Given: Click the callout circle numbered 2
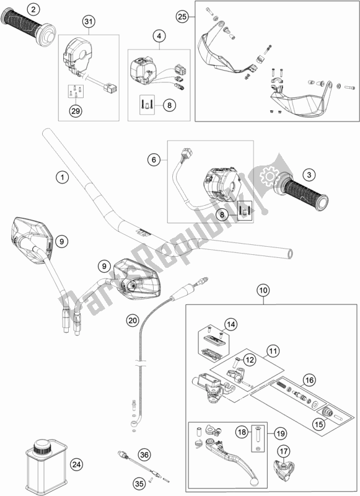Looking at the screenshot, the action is (x=33, y=9).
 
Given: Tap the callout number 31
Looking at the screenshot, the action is (x=89, y=22).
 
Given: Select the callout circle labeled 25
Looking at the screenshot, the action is (x=182, y=17).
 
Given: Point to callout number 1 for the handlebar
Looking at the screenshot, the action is (x=62, y=177).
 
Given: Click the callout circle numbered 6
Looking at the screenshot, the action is (x=154, y=160).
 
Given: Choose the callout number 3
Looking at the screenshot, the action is (x=309, y=175).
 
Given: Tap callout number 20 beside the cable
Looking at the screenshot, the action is (x=133, y=321).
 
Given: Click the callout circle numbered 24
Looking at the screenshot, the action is (x=76, y=464).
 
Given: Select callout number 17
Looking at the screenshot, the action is (x=283, y=451).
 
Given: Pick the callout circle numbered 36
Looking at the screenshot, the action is (x=144, y=455).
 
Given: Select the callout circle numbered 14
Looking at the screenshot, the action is (x=231, y=324).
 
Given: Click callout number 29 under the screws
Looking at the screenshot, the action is (x=76, y=111).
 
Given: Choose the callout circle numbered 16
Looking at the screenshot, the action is (x=309, y=379).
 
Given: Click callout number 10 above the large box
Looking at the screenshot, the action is (x=263, y=290).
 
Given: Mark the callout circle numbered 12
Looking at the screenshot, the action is (x=250, y=360).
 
